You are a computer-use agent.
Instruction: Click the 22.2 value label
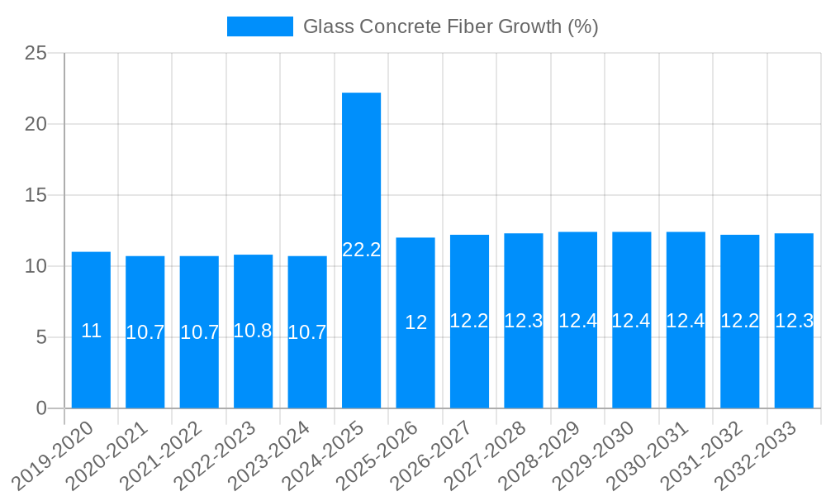click(361, 250)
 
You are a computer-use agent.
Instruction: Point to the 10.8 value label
click(253, 331)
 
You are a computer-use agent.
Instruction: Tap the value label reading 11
click(91, 331)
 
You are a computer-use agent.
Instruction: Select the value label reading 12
click(415, 323)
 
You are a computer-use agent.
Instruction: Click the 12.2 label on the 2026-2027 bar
click(469, 321)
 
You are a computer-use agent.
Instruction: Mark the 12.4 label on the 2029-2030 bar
click(631, 321)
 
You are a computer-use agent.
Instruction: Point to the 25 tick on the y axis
click(36, 54)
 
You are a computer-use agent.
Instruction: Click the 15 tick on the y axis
click(36, 196)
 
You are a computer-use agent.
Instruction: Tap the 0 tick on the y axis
click(42, 408)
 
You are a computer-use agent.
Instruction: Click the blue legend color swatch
click(259, 26)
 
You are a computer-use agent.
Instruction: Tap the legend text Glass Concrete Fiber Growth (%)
click(450, 26)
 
